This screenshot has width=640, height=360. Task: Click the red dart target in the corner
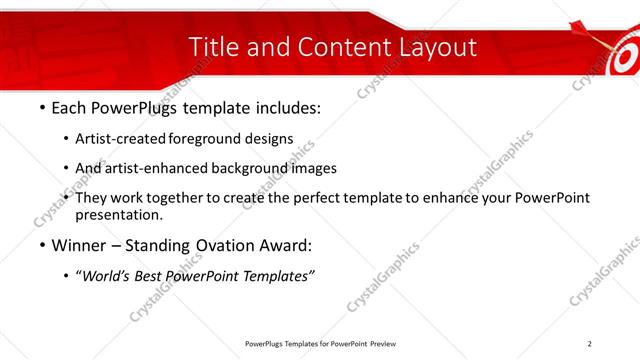[x=617, y=50]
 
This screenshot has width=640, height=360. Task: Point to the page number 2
[x=590, y=344]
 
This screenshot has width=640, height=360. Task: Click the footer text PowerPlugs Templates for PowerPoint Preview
[x=319, y=344]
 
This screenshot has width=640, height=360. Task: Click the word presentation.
[x=119, y=214]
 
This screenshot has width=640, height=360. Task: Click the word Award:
[x=284, y=245]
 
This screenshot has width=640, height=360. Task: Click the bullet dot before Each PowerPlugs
[x=41, y=107]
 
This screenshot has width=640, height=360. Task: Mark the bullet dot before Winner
[x=41, y=246]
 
